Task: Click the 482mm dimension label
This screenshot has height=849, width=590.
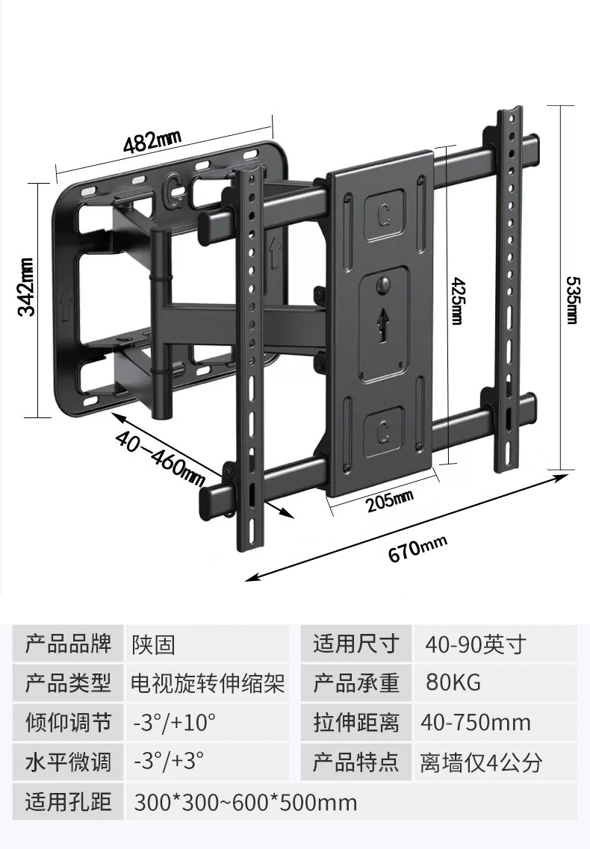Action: (152, 141)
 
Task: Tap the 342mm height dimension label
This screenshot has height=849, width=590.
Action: (27, 287)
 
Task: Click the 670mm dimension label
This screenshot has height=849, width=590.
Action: (417, 549)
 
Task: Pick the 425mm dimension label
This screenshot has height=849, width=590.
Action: (458, 300)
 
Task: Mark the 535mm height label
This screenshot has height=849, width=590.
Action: (572, 299)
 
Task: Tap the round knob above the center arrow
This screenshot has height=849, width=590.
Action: (384, 284)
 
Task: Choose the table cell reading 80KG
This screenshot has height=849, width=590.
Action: (453, 682)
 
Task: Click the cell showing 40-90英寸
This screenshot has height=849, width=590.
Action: (475, 644)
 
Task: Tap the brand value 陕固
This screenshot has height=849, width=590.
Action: (153, 645)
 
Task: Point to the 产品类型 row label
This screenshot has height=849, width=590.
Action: (68, 682)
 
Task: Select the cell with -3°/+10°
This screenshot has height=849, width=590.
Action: (175, 722)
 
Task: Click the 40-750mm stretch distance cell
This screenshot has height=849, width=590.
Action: (476, 722)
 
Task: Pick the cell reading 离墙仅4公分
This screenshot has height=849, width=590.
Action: (481, 762)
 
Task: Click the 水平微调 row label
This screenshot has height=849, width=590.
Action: (68, 762)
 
